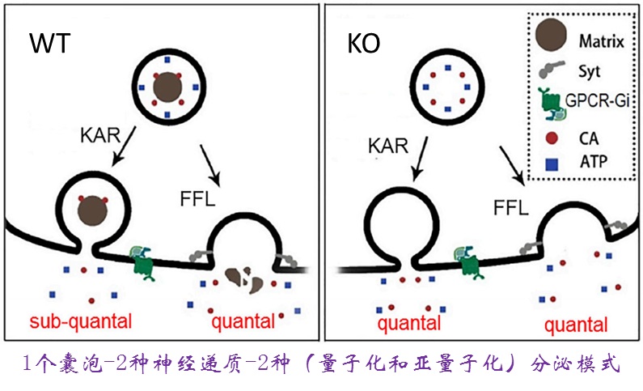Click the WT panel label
(x=46, y=44)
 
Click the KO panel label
(x=363, y=44)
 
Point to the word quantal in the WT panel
(x=243, y=322)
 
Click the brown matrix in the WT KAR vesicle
(x=92, y=213)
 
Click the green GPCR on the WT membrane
(x=145, y=261)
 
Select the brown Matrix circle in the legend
(x=552, y=36)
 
